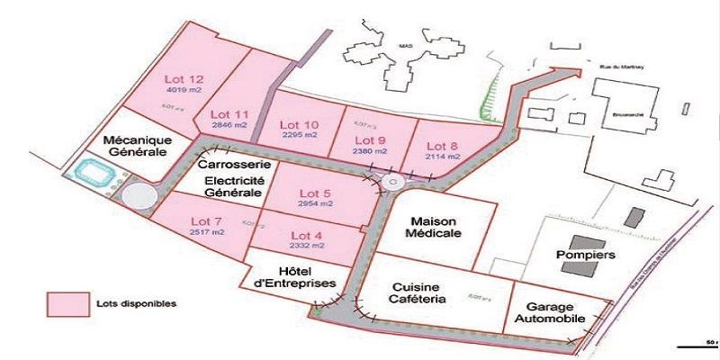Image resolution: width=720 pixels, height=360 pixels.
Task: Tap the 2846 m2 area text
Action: tap(229, 126)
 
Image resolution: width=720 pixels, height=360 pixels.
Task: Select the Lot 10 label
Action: tap(299, 124)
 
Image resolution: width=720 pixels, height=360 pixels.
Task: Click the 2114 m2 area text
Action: tap(442, 155)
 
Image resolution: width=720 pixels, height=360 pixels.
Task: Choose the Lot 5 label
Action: tap(316, 193)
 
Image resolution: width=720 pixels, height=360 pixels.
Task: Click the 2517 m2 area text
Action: tap(207, 232)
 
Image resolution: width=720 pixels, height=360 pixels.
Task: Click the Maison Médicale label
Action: tap(436, 227)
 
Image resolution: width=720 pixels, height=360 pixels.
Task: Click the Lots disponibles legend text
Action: tap(137, 303)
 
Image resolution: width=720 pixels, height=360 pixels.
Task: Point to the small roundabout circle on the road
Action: tap(393, 183)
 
